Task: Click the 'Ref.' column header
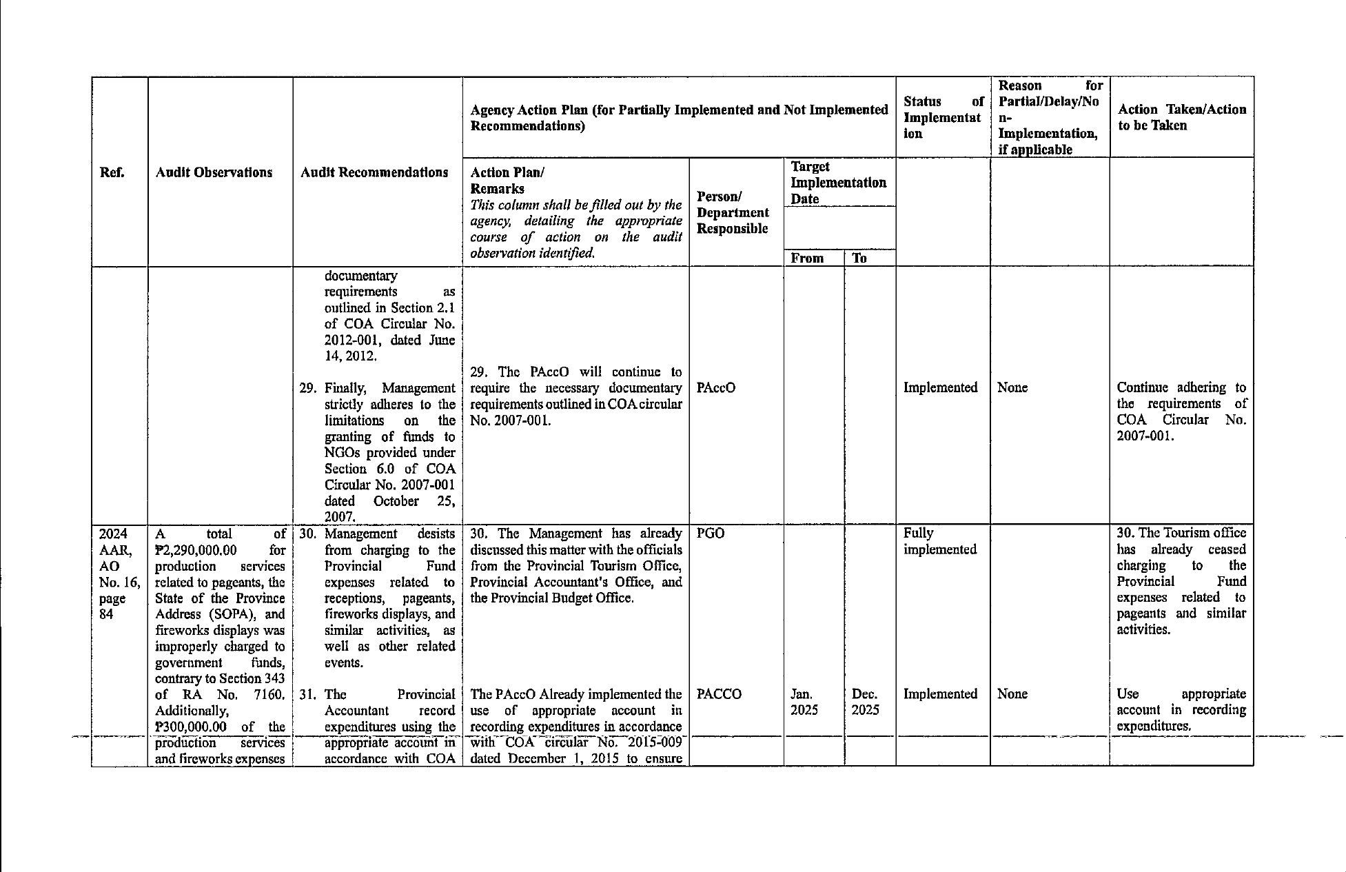tap(112, 172)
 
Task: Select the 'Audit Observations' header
tap(214, 172)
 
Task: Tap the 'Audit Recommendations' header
tap(374, 172)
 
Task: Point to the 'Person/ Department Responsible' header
tap(733, 212)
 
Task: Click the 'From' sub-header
tap(807, 258)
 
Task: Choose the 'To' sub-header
tap(859, 258)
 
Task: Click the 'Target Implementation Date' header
tap(838, 183)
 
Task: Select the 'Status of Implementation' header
tap(942, 117)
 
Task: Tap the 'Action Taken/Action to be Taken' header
tap(1181, 117)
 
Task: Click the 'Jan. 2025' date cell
tap(804, 702)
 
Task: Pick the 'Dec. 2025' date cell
tap(865, 702)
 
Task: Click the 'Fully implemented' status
tap(939, 541)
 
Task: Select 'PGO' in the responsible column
tap(710, 534)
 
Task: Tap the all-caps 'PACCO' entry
tap(719, 694)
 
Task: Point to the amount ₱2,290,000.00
tap(196, 550)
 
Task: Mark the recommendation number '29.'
tap(307, 388)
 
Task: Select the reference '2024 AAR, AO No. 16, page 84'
tap(119, 574)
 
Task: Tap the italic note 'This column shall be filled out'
tap(575, 205)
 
